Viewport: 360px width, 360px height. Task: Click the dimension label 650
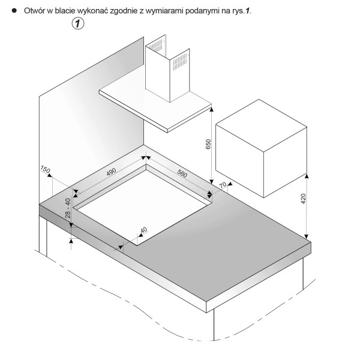pyautogui.click(x=208, y=144)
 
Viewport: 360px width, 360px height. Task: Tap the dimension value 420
pyautogui.click(x=303, y=199)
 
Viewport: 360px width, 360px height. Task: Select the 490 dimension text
pyautogui.click(x=111, y=172)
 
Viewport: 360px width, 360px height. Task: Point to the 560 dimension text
pyautogui.click(x=182, y=173)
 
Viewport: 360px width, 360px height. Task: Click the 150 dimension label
pyautogui.click(x=45, y=169)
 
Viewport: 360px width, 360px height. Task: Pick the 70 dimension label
pyautogui.click(x=223, y=185)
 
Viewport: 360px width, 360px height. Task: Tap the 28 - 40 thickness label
pyautogui.click(x=68, y=208)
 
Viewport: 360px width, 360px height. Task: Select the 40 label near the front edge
pyautogui.click(x=144, y=230)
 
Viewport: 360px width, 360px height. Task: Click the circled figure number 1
pyautogui.click(x=78, y=23)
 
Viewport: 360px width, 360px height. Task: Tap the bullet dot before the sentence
pyautogui.click(x=14, y=11)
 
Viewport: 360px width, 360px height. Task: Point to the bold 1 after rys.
pyautogui.click(x=247, y=11)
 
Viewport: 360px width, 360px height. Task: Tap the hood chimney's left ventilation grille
pyautogui.click(x=157, y=46)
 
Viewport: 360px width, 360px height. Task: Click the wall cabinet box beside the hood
pyautogui.click(x=261, y=148)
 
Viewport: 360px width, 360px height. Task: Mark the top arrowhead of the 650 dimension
pyautogui.click(x=211, y=109)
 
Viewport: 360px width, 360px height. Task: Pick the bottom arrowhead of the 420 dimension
pyautogui.click(x=307, y=236)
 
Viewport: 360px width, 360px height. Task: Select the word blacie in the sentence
pyautogui.click(x=65, y=11)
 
